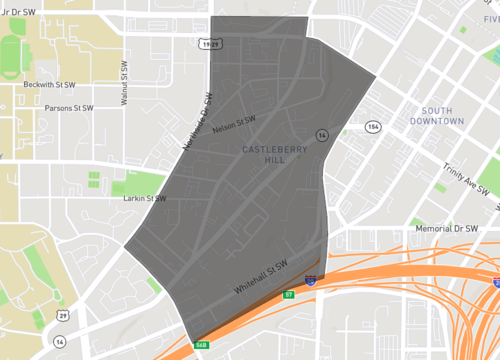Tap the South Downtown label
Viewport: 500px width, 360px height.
(436, 115)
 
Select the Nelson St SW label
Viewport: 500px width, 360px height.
(236, 124)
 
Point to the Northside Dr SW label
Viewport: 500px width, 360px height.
(198, 121)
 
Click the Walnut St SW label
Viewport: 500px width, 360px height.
(124, 81)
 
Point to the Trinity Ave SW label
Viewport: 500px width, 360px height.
(467, 179)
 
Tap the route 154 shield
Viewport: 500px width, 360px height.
(373, 127)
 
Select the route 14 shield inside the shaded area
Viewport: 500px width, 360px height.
(322, 134)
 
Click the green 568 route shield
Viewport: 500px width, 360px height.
(201, 345)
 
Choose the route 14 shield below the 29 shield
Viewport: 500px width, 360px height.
(60, 341)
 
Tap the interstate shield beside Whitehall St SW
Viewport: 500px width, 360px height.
(311, 282)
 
